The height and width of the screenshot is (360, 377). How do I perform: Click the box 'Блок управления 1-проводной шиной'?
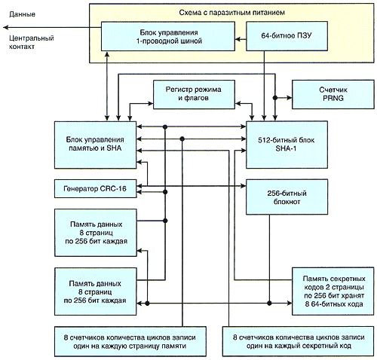pyautogui.click(x=168, y=36)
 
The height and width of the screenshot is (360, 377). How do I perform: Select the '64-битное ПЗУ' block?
pyautogui.click(x=287, y=36)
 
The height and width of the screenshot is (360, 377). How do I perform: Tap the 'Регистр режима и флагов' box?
pyautogui.click(x=194, y=94)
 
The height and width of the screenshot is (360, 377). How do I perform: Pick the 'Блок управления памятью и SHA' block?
pyautogui.click(x=96, y=145)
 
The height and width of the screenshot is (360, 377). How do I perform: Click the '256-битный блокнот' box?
pyautogui.click(x=287, y=197)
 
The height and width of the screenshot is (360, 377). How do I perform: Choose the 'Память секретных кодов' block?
pyautogui.click(x=333, y=291)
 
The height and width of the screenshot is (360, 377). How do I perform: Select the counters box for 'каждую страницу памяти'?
pyautogui.click(x=130, y=341)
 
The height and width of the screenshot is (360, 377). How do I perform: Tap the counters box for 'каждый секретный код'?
pyautogui.click(x=299, y=341)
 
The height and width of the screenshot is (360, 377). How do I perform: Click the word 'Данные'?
pyautogui.click(x=22, y=14)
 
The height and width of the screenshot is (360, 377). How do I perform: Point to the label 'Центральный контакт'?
pyautogui.click(x=32, y=42)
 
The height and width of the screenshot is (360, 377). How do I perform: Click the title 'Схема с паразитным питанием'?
pyautogui.click(x=231, y=13)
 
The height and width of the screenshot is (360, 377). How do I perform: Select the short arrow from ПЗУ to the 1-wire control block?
pyautogui.click(x=241, y=39)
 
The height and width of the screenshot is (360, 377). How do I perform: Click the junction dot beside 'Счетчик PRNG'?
pyautogui.click(x=275, y=97)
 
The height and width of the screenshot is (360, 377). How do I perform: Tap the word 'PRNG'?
pyautogui.click(x=333, y=98)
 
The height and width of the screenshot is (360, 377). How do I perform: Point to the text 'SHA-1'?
pyautogui.click(x=286, y=148)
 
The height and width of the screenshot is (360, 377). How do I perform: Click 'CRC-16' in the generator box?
pyautogui.click(x=113, y=188)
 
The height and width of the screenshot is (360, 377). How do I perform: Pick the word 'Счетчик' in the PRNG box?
pyautogui.click(x=333, y=90)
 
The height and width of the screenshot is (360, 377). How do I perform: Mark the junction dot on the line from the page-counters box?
pyautogui.click(x=182, y=139)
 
